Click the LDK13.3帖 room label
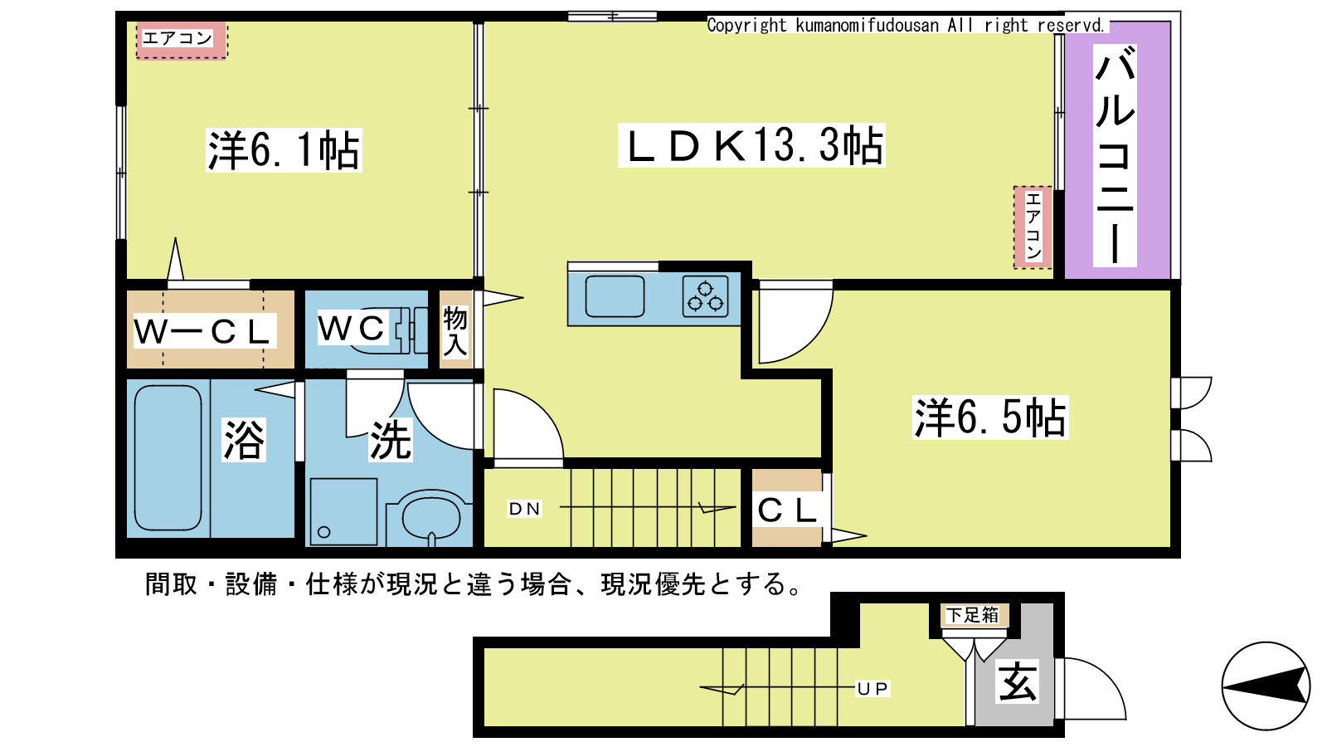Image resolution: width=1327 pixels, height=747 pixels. coord(751,145)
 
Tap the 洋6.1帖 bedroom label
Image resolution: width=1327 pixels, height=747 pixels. coord(284,150)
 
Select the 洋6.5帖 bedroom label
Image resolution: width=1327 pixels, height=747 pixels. coord(990,417)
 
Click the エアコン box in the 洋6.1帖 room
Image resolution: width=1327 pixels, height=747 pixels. coord(182,41)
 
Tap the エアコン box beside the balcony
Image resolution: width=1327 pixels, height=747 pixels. coord(1033,227)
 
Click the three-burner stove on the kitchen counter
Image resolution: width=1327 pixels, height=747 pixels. coord(705,296)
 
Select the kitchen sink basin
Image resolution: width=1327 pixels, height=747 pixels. coord(615,296)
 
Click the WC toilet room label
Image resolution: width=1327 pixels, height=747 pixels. coord(352,328)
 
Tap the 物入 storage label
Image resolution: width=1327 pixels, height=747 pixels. coord(455,332)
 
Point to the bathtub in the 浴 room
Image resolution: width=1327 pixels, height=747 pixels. coord(168,457)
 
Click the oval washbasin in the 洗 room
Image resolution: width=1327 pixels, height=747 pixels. coord(430,518)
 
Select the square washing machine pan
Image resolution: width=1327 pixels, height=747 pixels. coord(343,511)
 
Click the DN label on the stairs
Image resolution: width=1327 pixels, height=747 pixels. coord(524,509)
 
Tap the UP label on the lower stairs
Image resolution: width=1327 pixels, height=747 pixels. coord(873,688)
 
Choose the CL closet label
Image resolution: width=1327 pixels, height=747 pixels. coord(787,510)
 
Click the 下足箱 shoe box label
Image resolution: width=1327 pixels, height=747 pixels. coord(972,615)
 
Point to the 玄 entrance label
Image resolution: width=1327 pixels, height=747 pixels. coord(1017,681)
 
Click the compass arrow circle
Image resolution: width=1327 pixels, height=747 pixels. coord(1266,686)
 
